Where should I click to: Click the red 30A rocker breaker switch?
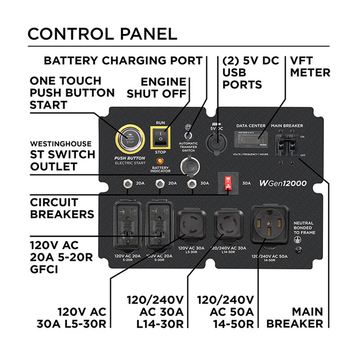228,183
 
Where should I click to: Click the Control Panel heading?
102,34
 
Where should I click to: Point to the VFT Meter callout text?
310,67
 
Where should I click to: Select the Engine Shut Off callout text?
157,87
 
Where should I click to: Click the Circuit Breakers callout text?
62,208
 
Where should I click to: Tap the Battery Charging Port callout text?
123,60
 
